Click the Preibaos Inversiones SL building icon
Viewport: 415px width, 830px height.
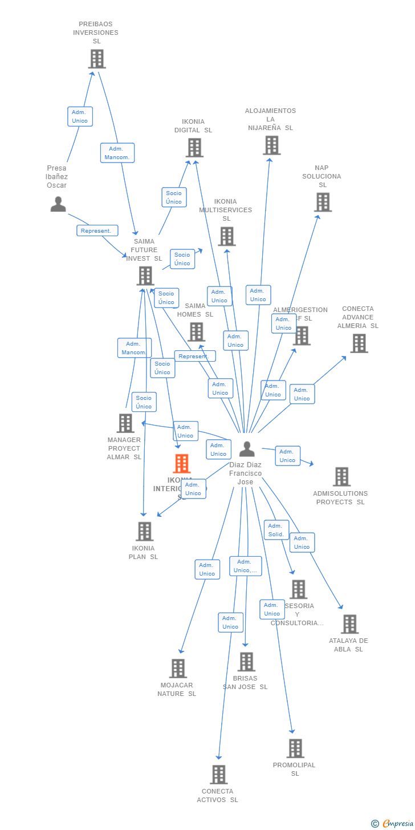(97, 59)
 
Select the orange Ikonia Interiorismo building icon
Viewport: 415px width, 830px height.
(182, 463)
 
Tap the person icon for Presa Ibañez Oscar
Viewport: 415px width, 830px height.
(58, 204)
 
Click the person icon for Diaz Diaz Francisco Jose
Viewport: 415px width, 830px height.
(247, 449)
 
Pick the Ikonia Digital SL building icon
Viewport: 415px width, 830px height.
(194, 148)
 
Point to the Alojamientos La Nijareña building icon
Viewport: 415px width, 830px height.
(272, 145)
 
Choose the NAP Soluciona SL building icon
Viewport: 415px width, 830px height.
(323, 202)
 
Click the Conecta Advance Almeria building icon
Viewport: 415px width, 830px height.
(359, 343)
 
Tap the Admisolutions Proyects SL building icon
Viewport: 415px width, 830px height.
(341, 476)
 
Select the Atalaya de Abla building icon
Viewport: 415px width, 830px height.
(349, 624)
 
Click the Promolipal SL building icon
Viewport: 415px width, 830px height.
(295, 748)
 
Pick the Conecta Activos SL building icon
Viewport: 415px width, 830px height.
(219, 774)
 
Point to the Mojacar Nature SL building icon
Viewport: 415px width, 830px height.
(178, 668)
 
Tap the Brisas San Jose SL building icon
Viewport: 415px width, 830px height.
(246, 662)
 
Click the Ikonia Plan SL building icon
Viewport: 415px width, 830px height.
(144, 531)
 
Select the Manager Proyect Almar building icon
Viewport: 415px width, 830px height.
(125, 423)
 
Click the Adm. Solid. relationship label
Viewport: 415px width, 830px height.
(276, 530)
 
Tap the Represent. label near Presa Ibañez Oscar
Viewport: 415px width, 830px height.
(97, 230)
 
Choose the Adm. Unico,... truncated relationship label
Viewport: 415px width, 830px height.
(246, 566)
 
